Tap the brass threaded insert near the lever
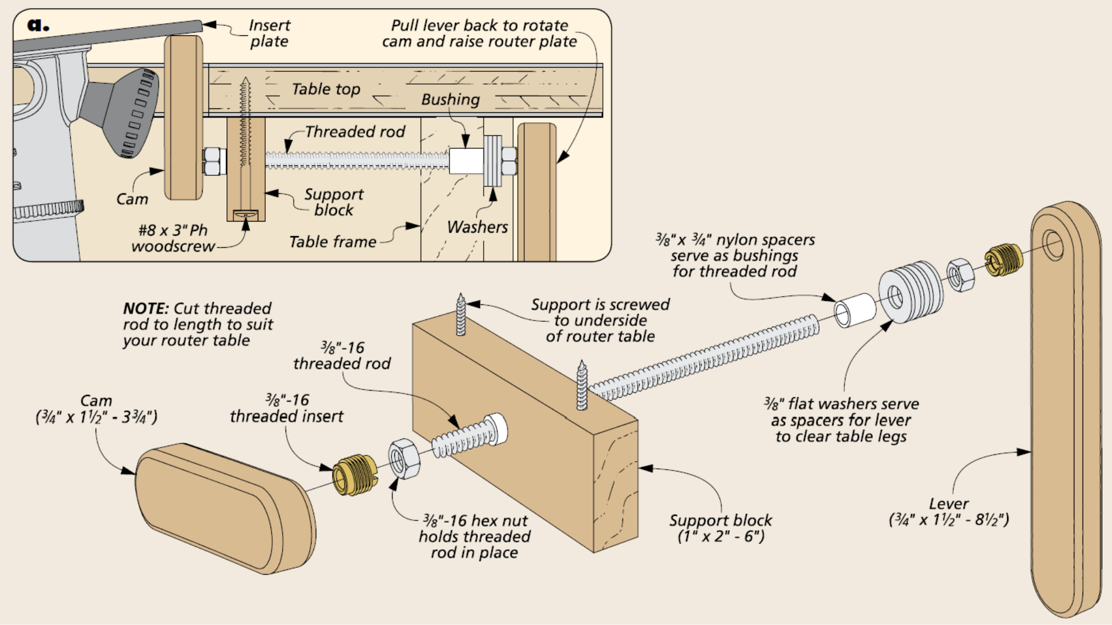[1004, 259]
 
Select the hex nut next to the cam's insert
[404, 459]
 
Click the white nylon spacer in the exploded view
[855, 310]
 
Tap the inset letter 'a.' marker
[38, 25]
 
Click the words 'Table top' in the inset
[325, 89]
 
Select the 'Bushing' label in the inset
[450, 100]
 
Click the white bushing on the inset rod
[466, 161]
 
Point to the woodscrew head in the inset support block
[246, 215]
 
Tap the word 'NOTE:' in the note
[145, 308]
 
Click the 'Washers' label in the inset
[477, 227]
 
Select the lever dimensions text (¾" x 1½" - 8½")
[949, 520]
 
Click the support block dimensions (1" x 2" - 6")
[720, 536]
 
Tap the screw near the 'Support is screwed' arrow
[461, 315]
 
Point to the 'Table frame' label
[332, 242]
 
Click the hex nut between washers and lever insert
[960, 274]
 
